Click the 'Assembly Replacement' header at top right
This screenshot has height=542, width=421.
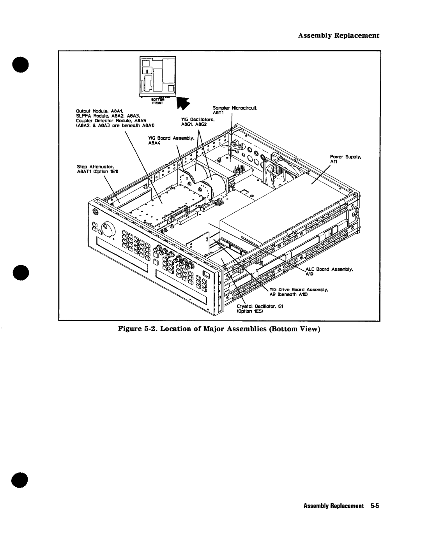[x=339, y=35]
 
